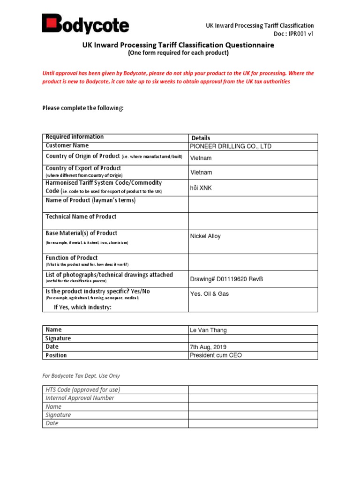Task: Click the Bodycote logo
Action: (x=85, y=24)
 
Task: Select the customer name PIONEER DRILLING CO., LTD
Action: (x=230, y=146)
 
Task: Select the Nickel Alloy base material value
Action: (x=205, y=236)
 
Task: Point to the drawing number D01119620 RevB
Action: (x=226, y=279)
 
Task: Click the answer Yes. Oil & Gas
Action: (x=209, y=294)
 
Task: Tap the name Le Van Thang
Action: (x=208, y=330)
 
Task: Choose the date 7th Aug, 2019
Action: (x=208, y=347)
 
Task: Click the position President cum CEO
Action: (x=216, y=355)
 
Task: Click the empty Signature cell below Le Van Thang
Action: (x=253, y=338)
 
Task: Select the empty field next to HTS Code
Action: (x=253, y=390)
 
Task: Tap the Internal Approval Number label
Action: (x=80, y=398)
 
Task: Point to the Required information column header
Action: (x=75, y=137)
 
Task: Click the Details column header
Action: (x=201, y=138)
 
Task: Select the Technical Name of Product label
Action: (x=81, y=217)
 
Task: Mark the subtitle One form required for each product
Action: (x=179, y=53)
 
